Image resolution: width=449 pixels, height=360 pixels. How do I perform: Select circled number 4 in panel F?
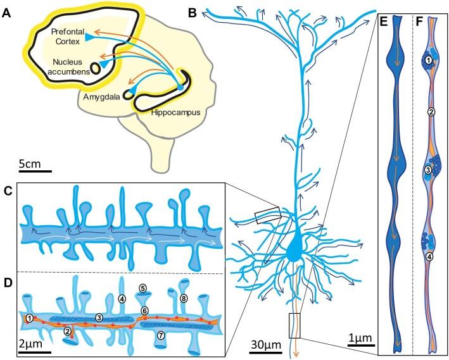(x=429, y=256)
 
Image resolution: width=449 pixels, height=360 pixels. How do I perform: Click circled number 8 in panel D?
(x=184, y=297)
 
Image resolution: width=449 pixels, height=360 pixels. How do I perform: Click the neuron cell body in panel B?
(x=293, y=251)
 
